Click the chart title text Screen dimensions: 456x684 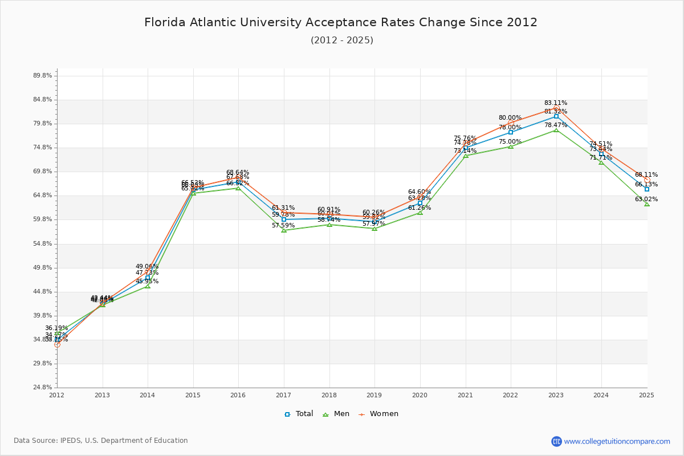(x=341, y=23)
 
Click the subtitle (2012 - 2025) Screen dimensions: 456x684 (x=341, y=40)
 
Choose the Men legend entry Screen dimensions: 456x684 (x=336, y=414)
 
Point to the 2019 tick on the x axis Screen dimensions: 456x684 (x=374, y=394)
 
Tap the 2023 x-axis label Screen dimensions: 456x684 (x=556, y=394)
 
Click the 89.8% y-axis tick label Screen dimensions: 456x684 (x=43, y=75)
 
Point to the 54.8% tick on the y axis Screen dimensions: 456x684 (x=43, y=243)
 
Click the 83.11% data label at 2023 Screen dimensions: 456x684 (x=555, y=103)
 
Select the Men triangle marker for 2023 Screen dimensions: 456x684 (x=556, y=130)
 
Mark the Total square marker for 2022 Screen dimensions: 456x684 (x=511, y=132)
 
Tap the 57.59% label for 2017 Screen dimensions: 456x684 (x=283, y=226)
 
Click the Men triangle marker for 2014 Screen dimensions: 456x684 (x=148, y=286)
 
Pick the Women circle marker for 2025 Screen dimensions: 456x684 (x=647, y=180)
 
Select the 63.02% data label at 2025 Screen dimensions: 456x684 (x=646, y=199)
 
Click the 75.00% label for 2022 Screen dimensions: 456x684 (x=510, y=142)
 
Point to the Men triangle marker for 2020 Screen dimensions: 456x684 (x=420, y=213)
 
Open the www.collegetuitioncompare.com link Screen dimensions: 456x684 (x=617, y=441)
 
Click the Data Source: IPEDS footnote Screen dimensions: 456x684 (x=101, y=441)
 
